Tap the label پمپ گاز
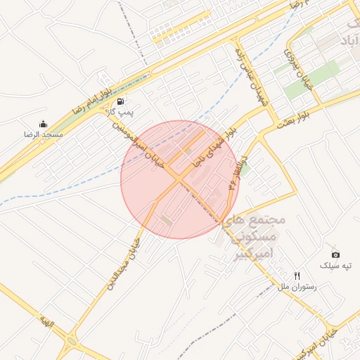click(x=120, y=112)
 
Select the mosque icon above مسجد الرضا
click(x=44, y=124)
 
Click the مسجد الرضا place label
click(x=44, y=134)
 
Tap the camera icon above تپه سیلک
click(x=335, y=255)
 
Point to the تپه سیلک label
click(x=335, y=265)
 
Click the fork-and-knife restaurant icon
click(x=297, y=276)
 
